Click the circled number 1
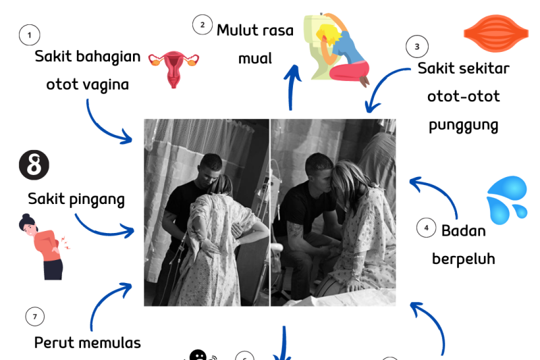pyautogui.click(x=29, y=34)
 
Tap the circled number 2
pyautogui.click(x=202, y=25)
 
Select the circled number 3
pyautogui.click(x=417, y=47)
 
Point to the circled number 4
pyautogui.click(x=426, y=228)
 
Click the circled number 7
pyautogui.click(x=34, y=316)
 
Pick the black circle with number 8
pyautogui.click(x=34, y=165)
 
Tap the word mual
pyautogui.click(x=254, y=58)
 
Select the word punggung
pyautogui.click(x=464, y=125)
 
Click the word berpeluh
pyautogui.click(x=464, y=259)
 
